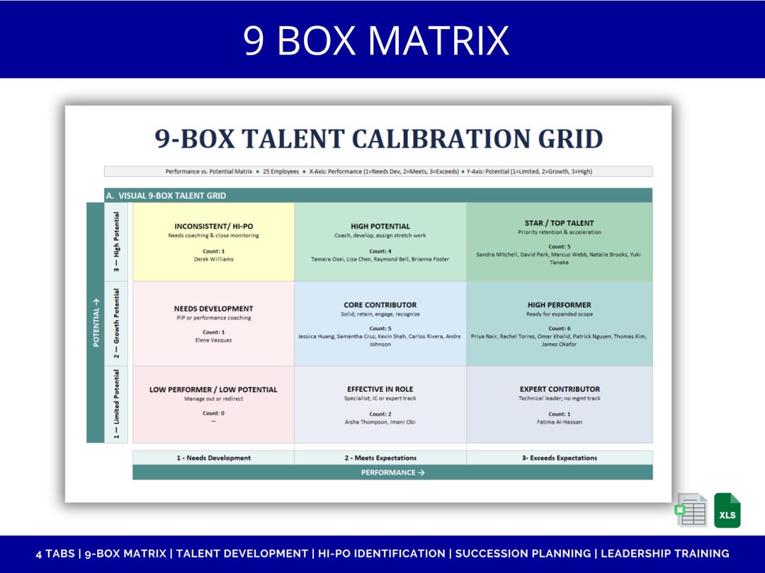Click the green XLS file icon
click(727, 510)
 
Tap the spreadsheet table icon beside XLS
click(692, 510)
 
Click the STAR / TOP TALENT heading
click(559, 223)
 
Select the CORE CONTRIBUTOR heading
click(380, 305)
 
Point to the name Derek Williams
click(214, 259)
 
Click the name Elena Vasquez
click(214, 340)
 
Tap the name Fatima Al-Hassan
click(560, 422)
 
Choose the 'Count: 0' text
click(214, 413)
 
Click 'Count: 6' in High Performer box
click(559, 328)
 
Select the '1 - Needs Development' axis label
click(214, 458)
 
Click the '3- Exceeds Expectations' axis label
click(560, 458)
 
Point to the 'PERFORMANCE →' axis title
click(392, 473)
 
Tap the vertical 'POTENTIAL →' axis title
click(96, 323)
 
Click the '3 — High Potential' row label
click(116, 242)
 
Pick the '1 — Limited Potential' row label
click(116, 404)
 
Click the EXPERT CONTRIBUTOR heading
click(560, 389)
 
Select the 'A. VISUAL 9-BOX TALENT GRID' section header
click(166, 196)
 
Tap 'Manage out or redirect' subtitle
click(214, 398)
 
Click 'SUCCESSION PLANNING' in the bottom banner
click(523, 553)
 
